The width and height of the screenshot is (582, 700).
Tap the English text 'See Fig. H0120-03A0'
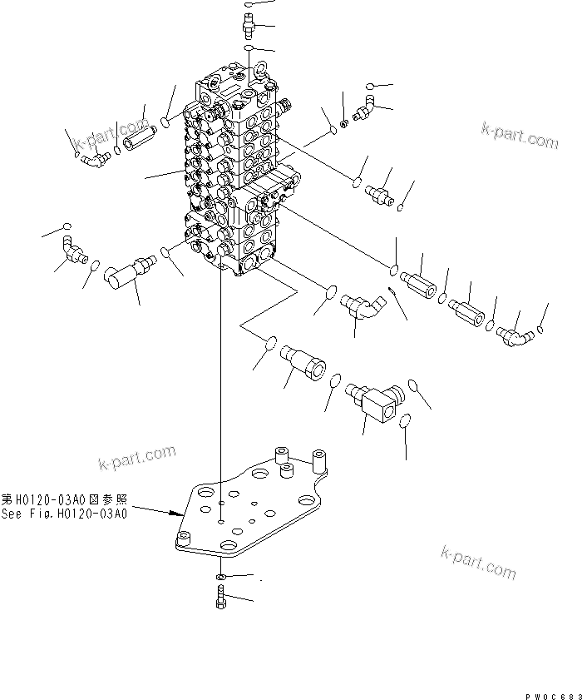point(65,514)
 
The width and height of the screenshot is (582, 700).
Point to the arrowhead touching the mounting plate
point(180,511)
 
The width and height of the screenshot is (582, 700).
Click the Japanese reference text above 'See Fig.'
point(65,500)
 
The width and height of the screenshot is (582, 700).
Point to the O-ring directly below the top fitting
point(249,51)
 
